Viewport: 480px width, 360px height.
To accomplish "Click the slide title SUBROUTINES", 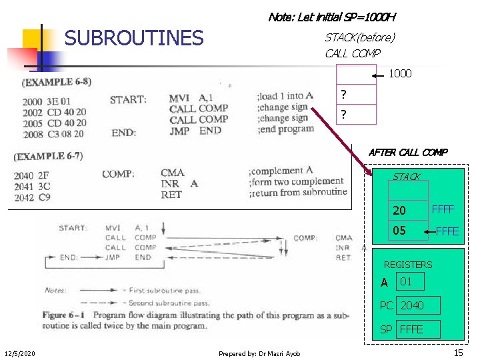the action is pos(133,38).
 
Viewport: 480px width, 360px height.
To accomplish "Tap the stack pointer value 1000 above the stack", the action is pos(400,73).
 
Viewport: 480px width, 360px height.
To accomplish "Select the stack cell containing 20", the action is pos(409,211).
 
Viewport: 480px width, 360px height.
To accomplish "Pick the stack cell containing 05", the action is pos(409,231).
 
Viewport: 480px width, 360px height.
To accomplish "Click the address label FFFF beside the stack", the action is pos(443,209).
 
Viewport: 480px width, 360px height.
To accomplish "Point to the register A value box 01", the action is pos(410,281).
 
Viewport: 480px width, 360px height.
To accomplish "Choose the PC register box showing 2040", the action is pos(418,305).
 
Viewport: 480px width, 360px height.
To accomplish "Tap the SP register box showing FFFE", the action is pos(418,329).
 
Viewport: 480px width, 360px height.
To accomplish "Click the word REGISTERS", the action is pos(407,265).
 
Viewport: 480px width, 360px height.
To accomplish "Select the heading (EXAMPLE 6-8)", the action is pos(57,83).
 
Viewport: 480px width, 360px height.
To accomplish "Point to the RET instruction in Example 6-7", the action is pos(171,195).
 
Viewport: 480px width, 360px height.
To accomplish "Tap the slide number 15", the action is pos(458,353).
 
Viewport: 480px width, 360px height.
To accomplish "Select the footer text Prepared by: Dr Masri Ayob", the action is pos(259,353).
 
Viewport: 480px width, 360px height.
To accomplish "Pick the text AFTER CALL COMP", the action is pos(408,152).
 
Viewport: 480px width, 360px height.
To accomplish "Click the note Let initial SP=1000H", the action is pos(332,17).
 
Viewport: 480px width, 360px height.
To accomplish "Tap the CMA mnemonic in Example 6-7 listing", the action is pos(173,173).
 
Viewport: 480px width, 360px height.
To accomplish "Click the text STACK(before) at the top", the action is pos(359,37).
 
